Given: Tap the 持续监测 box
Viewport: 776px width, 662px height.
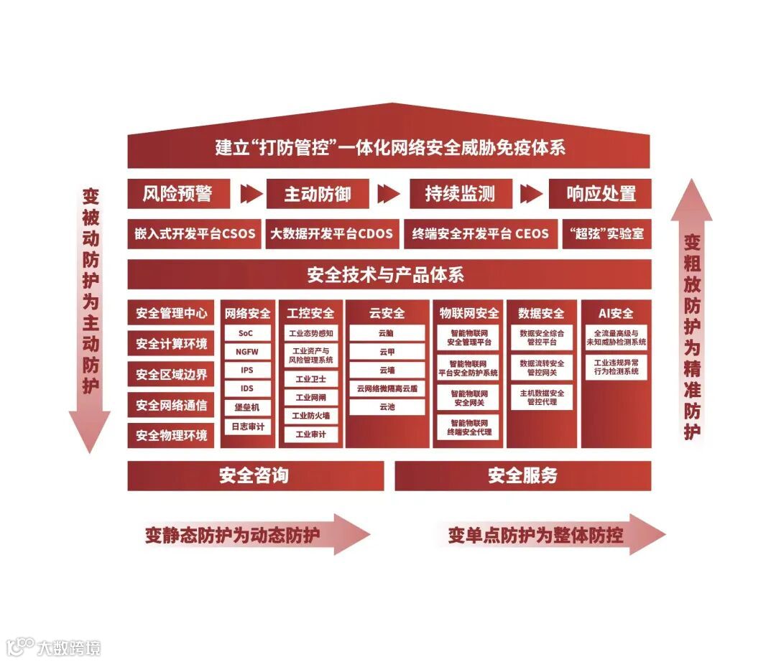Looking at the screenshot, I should pyautogui.click(x=460, y=194).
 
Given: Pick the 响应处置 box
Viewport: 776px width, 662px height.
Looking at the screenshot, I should pyautogui.click(x=601, y=194).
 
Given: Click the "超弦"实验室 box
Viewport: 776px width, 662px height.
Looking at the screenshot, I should pyautogui.click(x=606, y=234).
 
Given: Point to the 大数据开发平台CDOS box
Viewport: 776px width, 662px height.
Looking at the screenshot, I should pyautogui.click(x=332, y=234).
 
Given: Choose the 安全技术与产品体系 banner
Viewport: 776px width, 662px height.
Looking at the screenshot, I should pyautogui.click(x=389, y=274).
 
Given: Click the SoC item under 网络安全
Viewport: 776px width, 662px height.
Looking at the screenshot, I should pyautogui.click(x=246, y=334).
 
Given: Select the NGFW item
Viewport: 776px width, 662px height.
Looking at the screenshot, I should pyautogui.click(x=246, y=352).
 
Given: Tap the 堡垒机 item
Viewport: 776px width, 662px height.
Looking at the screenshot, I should pyautogui.click(x=246, y=407).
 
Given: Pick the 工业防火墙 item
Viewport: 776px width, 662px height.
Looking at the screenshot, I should pyautogui.click(x=310, y=416).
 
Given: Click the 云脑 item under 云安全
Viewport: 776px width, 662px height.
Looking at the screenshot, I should pyautogui.click(x=387, y=333).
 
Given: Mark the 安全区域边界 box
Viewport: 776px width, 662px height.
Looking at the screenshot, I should pyautogui.click(x=171, y=374).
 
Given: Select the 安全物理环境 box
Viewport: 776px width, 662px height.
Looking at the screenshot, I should pyautogui.click(x=171, y=435).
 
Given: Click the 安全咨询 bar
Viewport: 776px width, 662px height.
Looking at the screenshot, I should pyautogui.click(x=255, y=475).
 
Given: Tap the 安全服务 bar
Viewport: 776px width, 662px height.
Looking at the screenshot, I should pyautogui.click(x=522, y=475).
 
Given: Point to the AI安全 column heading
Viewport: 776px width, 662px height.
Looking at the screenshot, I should pyautogui.click(x=616, y=313).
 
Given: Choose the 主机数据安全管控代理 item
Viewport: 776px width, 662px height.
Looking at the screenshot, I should pyautogui.click(x=542, y=397).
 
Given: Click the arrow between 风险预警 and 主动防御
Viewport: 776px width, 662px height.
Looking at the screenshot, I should pyautogui.click(x=251, y=194).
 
